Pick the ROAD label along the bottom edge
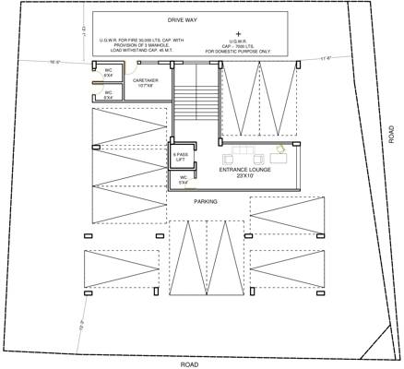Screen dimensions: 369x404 click(189, 364)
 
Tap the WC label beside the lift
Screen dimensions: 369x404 click(184, 178)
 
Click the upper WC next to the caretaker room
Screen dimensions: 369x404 click(108, 72)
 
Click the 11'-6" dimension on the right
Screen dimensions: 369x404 click(325, 59)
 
